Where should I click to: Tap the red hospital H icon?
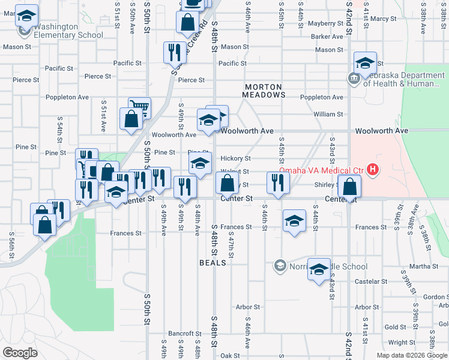click(373, 170)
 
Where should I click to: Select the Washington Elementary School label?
click(64, 31)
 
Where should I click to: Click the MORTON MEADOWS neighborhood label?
click(264, 91)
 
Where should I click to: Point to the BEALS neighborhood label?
click(212, 263)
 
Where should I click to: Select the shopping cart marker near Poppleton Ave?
click(139, 108)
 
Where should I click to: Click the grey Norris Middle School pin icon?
click(279, 265)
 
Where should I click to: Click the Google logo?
click(20, 353)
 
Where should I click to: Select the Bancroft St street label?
click(181, 333)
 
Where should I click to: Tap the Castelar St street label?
click(370, 281)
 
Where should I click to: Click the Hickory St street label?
click(235, 158)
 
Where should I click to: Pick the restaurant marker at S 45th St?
click(277, 182)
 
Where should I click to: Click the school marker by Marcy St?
click(364, 63)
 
